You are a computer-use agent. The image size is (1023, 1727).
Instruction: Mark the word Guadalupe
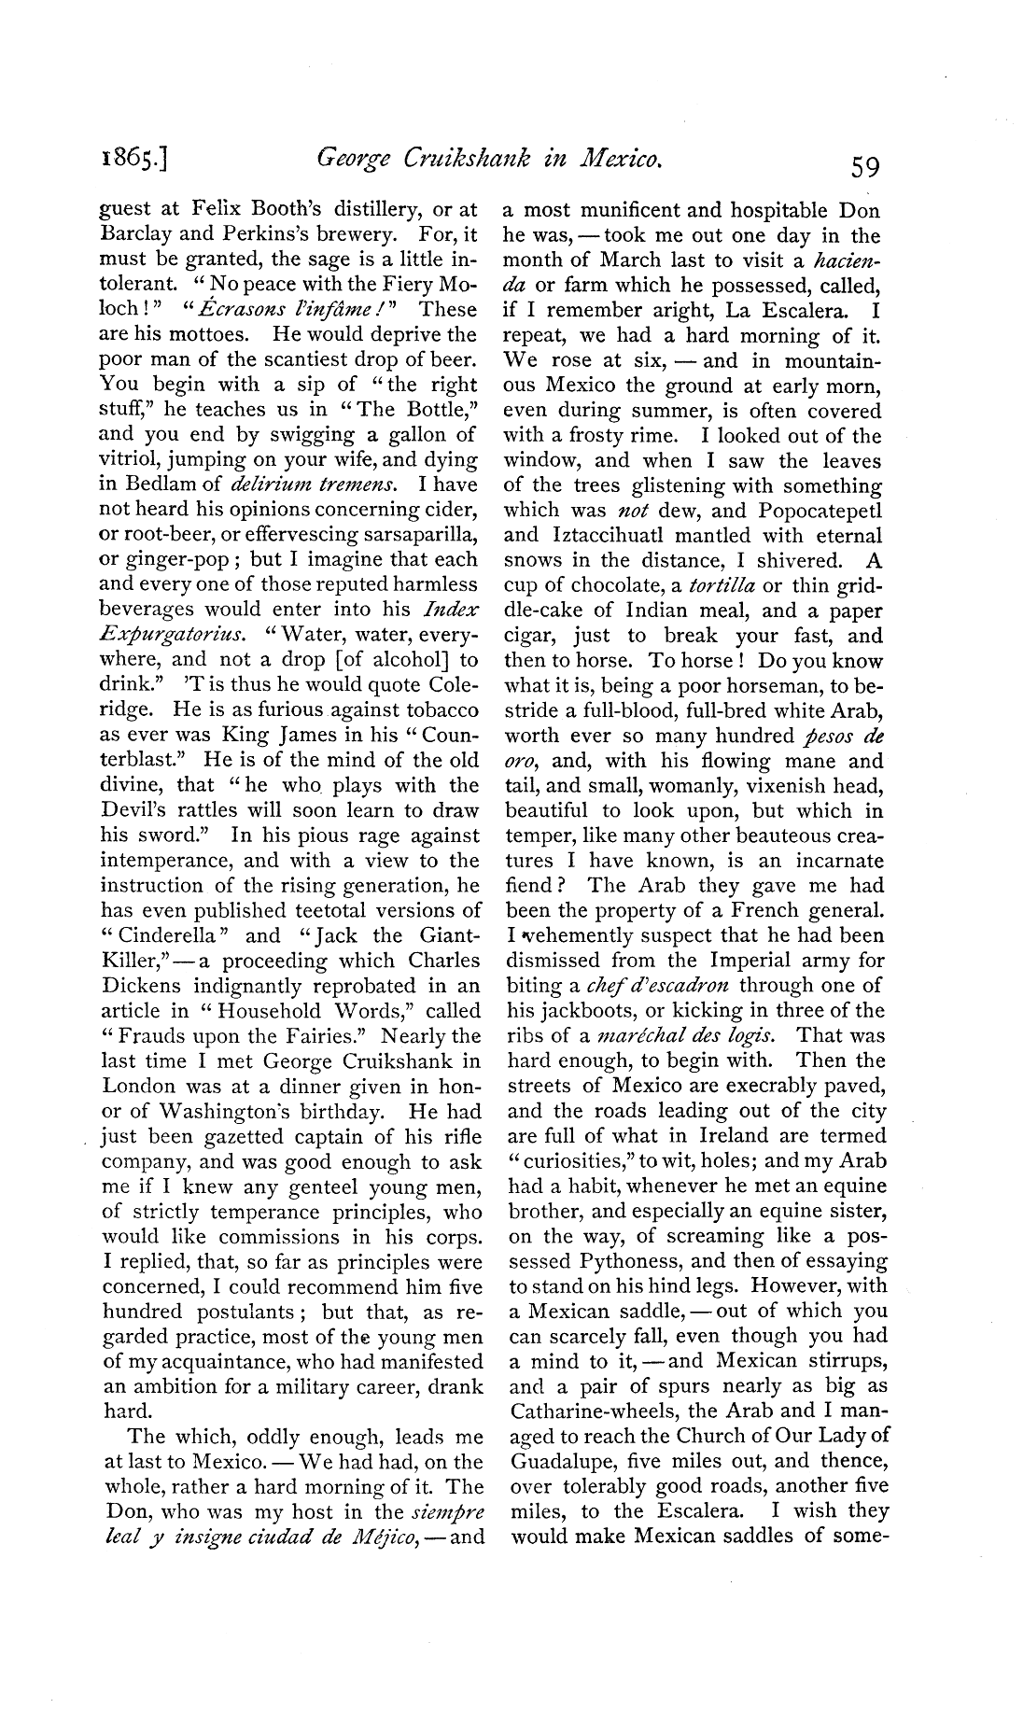click(564, 1461)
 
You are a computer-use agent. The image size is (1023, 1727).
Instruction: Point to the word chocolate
click(612, 586)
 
